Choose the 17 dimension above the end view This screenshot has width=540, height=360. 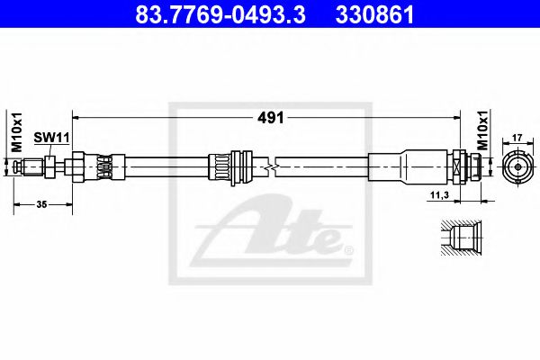tap(517, 138)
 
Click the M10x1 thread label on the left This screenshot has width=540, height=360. tap(15, 131)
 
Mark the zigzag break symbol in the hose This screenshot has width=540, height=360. tap(269, 166)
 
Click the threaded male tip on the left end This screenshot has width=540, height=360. tap(34, 166)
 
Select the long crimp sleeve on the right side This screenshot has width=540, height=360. tap(409, 166)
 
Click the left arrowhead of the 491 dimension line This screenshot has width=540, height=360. tap(77, 118)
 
